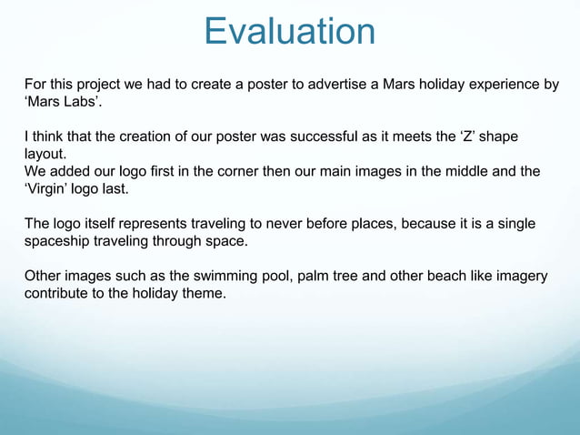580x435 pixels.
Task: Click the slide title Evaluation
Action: (289, 31)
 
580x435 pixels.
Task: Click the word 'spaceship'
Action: (57, 240)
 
